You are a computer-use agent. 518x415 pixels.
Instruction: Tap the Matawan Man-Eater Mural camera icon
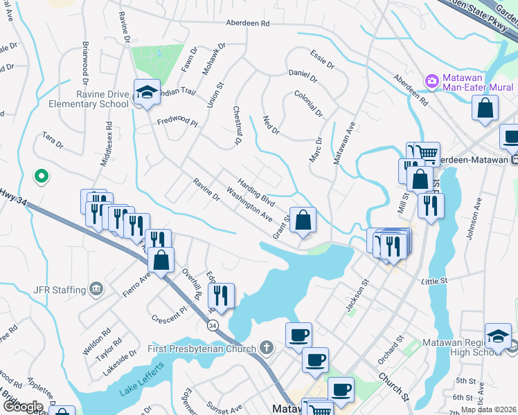(432, 82)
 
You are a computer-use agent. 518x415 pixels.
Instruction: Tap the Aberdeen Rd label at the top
(247, 23)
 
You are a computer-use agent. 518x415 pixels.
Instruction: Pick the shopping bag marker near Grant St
(303, 220)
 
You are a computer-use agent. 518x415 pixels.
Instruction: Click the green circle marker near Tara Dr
(42, 176)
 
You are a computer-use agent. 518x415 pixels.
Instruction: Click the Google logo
(22, 407)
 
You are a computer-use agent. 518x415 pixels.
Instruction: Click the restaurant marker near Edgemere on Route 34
(222, 295)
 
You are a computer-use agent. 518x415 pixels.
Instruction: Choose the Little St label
(435, 281)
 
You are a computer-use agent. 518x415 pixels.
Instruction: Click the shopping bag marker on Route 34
(161, 261)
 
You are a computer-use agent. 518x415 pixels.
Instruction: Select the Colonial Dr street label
(308, 102)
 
